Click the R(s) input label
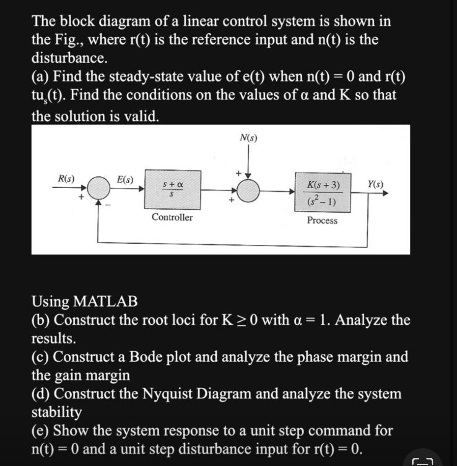pos(66,179)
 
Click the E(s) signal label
pos(125,180)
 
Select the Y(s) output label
pos(375,184)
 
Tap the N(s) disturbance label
pos(248,138)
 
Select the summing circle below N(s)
pos(248,190)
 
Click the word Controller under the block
pos(172,217)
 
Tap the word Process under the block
pos(322,221)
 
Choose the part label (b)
pos(42,320)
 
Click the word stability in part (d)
pos(56,412)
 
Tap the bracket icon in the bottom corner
pos(421,460)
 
